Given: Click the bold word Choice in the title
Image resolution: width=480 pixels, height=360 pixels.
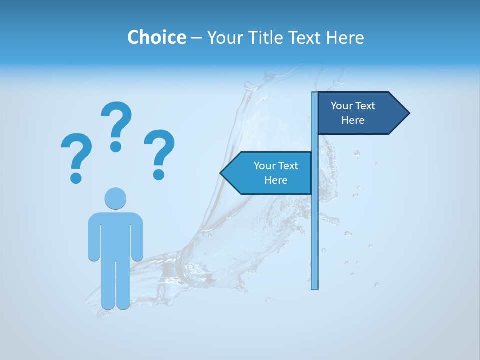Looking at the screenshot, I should click(156, 37).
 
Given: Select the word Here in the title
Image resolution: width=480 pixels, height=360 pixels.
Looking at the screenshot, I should click(345, 37).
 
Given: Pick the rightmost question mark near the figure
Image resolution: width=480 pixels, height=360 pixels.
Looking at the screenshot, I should click(159, 153).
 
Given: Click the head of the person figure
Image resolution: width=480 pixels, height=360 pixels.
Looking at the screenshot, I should click(115, 198).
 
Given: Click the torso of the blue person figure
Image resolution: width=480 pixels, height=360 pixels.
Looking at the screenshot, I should click(115, 235).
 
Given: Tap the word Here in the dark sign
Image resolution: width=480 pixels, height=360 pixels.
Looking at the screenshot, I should click(353, 120).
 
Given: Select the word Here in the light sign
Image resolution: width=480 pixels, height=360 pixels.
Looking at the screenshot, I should click(276, 180).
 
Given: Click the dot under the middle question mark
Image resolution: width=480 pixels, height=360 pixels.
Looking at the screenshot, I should click(116, 146).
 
